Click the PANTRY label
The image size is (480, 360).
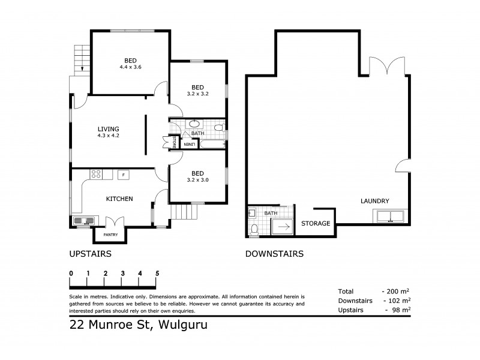pos(111,235)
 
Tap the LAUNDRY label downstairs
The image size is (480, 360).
pos(375,201)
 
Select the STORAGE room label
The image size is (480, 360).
pos(316,224)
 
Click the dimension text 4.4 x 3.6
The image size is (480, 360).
pos(130,67)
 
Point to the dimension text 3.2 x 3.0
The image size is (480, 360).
pos(197,179)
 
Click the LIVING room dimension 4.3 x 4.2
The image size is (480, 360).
pos(109,136)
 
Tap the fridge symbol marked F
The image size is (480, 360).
pos(122,175)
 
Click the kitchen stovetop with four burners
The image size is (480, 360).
pos(96,175)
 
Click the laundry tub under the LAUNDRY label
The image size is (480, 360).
pos(390,216)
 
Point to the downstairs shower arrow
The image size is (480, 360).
pos(283,227)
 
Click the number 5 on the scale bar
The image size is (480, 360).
pos(157,273)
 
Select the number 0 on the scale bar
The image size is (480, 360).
pos(71,273)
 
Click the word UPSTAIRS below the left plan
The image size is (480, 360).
pos(91,254)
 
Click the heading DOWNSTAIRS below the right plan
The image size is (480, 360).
pos(274,254)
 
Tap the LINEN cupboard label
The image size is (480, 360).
pos(188,144)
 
